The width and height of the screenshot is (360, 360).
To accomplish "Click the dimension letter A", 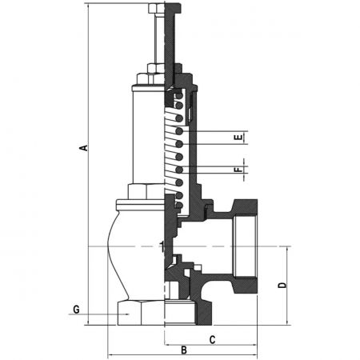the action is pyautogui.click(x=84, y=148).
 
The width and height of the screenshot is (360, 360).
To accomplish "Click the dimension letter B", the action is pyautogui.click(x=184, y=350).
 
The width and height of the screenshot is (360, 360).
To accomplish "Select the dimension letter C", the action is pyautogui.click(x=212, y=340).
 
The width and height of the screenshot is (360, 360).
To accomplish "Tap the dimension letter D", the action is pyautogui.click(x=282, y=285).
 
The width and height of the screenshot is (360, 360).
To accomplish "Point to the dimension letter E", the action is pyautogui.click(x=239, y=138).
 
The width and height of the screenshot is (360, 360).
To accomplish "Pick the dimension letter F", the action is pyautogui.click(x=239, y=170).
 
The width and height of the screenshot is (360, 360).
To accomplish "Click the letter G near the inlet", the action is pyautogui.click(x=76, y=310).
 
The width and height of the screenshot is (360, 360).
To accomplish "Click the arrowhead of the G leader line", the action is pyautogui.click(x=126, y=314).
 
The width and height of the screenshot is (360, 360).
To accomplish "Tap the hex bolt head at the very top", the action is pyautogui.click(x=157, y=8).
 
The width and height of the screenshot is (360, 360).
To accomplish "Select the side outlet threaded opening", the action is pyautogui.click(x=246, y=246).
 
